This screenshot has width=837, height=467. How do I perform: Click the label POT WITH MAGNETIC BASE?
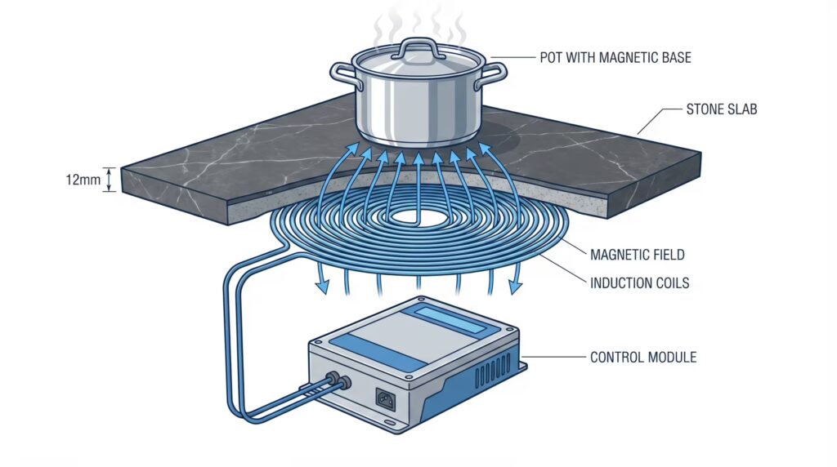click(614, 58)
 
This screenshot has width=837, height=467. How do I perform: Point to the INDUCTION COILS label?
click(639, 284)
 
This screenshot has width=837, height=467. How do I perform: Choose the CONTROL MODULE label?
click(642, 357)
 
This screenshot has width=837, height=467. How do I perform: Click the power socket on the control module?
click(386, 398)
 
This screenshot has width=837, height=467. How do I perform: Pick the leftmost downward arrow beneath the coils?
click(320, 282)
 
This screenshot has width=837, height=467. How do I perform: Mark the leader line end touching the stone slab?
click(638, 132)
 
